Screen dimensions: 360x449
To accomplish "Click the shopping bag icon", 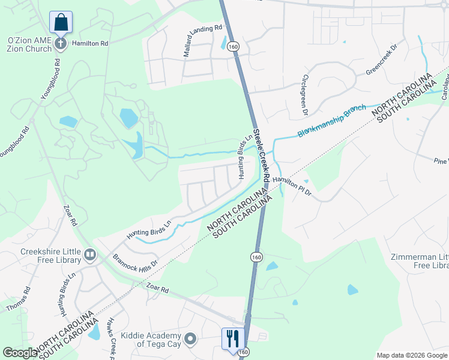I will [61, 23].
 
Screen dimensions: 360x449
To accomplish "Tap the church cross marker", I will [61, 43].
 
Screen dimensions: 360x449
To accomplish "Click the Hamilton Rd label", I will [90, 44].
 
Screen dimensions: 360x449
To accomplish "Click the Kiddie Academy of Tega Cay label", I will [151, 340].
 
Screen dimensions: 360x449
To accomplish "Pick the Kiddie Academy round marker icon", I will [190, 340].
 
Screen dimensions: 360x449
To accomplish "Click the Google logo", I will [20, 353].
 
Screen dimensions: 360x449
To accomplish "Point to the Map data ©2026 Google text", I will [411, 355].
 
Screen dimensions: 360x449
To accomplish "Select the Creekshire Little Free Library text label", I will [50, 256].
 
